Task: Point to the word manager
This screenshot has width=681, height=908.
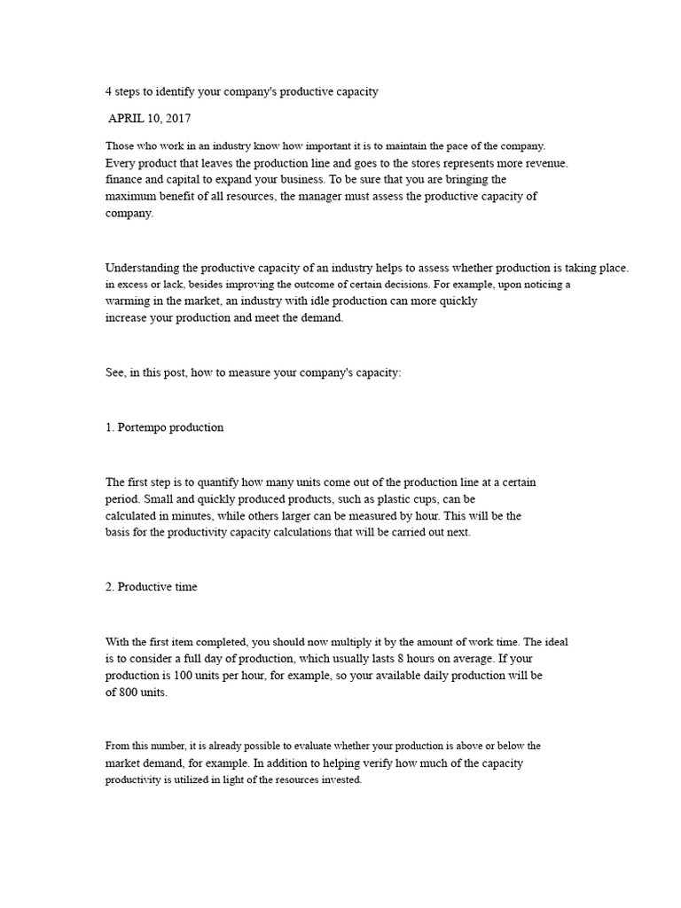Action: tap(328, 197)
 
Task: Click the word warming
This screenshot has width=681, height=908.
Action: tap(128, 301)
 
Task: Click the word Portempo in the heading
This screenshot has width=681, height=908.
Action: tap(144, 427)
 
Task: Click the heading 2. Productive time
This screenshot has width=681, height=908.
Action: tap(151, 586)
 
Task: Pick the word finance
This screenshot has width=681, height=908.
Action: tap(125, 180)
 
